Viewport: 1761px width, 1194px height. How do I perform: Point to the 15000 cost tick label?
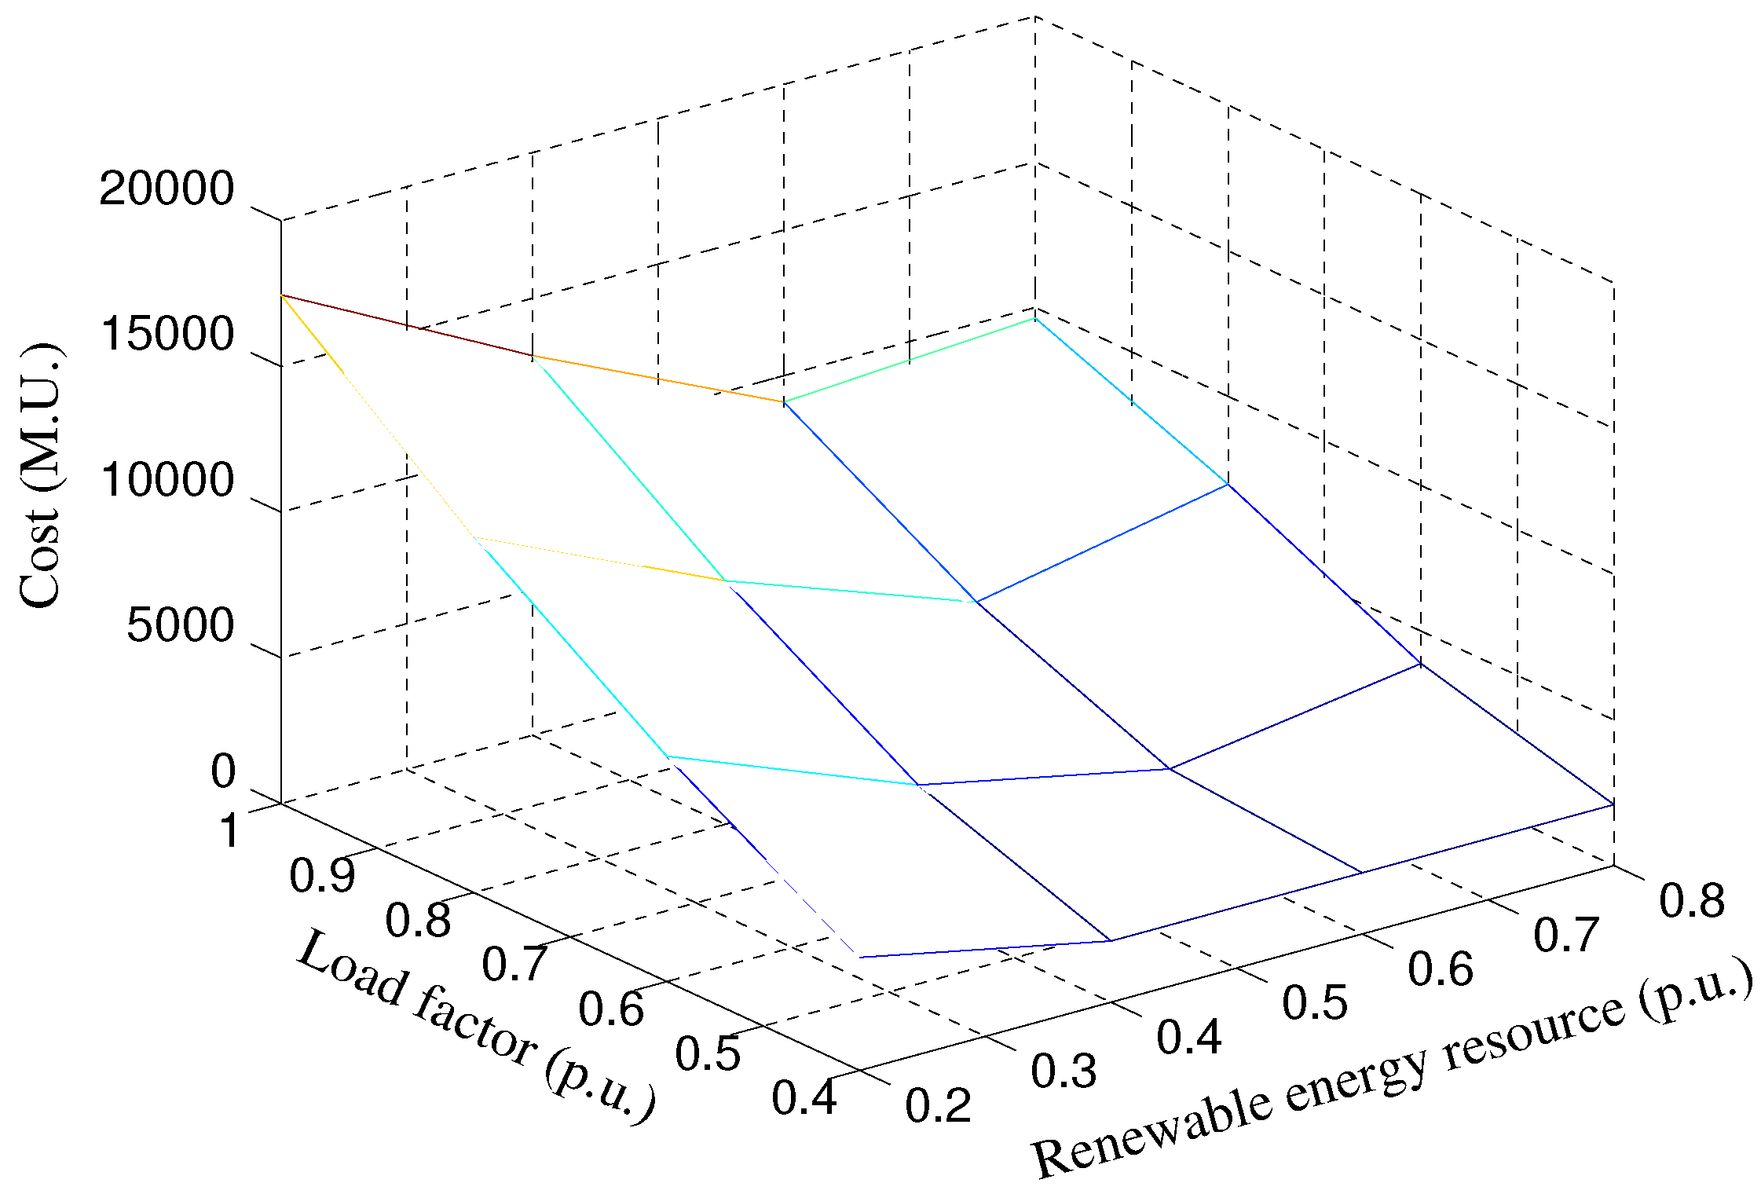pos(167,334)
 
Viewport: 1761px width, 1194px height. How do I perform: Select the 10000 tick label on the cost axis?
pos(167,479)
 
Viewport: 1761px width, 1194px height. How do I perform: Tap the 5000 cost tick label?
pos(180,625)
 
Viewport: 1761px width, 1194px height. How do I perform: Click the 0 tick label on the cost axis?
pos(222,771)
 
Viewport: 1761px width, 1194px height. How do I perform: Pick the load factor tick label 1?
pos(229,831)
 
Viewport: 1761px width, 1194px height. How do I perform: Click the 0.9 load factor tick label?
pos(322,875)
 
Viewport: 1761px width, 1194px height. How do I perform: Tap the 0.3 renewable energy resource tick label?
pos(1064,1071)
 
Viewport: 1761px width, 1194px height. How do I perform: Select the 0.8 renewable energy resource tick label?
pos(1692,900)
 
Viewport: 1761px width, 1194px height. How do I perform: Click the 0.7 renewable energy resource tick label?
pos(1566,935)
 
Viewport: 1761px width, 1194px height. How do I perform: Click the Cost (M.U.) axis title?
pos(39,476)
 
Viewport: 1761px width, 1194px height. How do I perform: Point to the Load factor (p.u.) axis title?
pos(476,1025)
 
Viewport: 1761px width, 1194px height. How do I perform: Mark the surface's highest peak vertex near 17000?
pos(281,295)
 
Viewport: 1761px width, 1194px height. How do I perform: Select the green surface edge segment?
pos(909,361)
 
